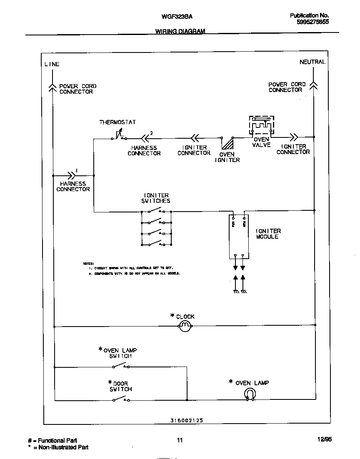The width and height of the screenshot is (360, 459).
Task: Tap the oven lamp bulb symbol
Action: (250, 394)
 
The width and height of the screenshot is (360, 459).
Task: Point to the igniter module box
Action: (239, 237)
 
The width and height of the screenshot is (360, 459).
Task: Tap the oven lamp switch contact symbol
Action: (120, 366)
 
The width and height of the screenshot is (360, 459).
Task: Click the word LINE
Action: (52, 64)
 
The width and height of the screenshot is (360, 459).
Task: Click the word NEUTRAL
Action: (312, 62)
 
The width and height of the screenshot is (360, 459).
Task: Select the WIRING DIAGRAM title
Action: (180, 31)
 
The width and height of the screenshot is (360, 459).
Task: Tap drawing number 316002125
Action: (187, 421)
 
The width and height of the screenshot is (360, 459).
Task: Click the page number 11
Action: (180, 440)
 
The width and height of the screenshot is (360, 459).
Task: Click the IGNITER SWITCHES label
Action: (157, 198)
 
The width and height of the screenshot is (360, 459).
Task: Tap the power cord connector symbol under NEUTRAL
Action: (314, 85)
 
